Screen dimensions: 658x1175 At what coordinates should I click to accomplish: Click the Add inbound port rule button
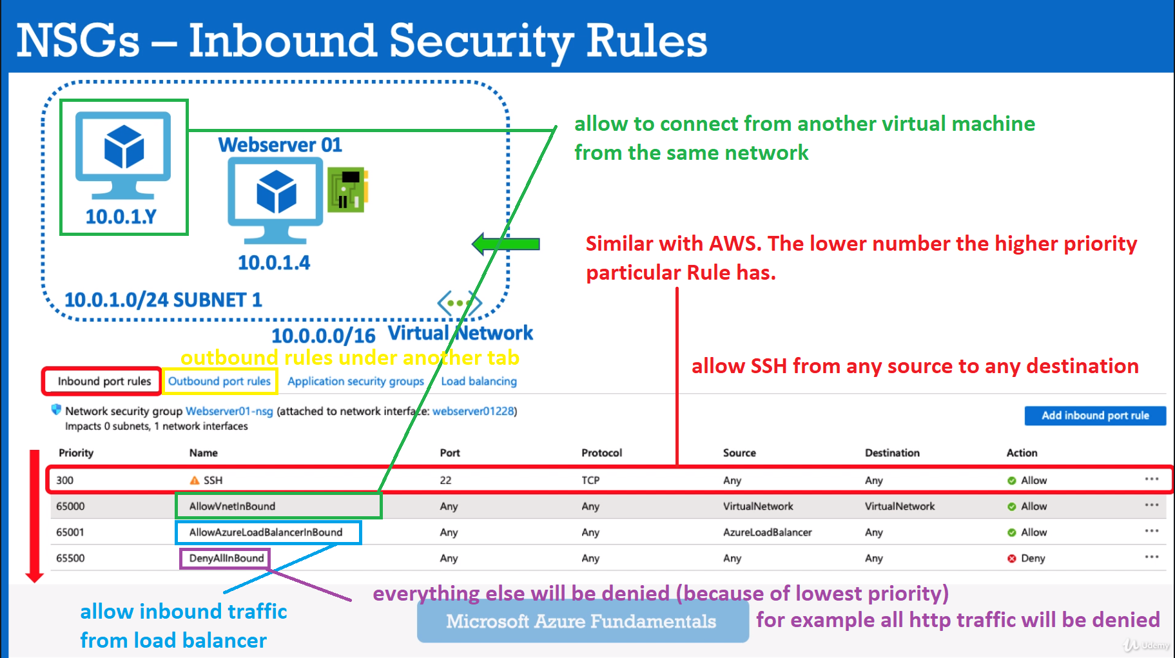pos(1094,416)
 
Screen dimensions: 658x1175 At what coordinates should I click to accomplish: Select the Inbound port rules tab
pos(104,382)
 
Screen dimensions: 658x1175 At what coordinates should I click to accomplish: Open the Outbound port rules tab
pos(219,382)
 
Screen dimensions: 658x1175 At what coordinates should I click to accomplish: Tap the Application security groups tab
pos(355,382)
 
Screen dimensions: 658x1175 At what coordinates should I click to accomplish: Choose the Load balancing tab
pos(479,382)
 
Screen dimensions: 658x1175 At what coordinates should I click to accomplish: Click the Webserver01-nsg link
pos(229,411)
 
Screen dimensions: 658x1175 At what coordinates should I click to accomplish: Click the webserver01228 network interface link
pos(473,411)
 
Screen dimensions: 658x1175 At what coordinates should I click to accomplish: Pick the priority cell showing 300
pos(64,480)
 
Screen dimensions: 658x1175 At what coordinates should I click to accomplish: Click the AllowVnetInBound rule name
pos(232,507)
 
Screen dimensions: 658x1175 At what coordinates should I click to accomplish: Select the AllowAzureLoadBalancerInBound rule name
pos(266,532)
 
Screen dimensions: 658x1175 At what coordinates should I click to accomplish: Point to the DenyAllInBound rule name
pos(226,558)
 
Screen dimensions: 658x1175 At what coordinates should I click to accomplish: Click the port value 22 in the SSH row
pos(445,480)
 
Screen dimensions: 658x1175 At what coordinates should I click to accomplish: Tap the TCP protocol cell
pos(590,480)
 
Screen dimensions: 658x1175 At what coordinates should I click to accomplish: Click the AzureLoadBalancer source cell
pos(767,532)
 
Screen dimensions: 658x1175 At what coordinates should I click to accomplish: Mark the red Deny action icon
pos(1011,559)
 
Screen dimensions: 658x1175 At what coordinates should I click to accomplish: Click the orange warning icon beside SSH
pos(195,480)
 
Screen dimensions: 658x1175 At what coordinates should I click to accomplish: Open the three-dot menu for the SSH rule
pos(1151,479)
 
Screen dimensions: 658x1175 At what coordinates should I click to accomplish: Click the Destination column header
pos(892,453)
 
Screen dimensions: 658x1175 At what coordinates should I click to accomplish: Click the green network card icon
pos(347,189)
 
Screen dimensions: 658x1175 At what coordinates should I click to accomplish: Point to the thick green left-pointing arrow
pos(506,244)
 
